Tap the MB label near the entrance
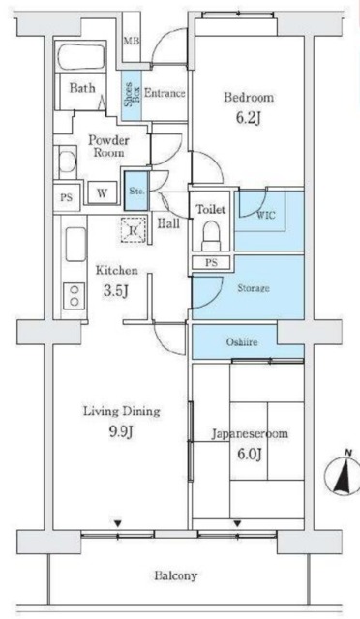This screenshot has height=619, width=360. pos(132,41)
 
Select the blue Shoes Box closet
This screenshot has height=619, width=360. pos(132,95)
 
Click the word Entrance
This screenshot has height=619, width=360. pos(165,93)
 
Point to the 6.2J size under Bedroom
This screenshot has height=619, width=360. pos(249,118)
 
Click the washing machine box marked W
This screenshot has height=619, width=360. pos(103,193)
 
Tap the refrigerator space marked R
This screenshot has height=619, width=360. pos(134,230)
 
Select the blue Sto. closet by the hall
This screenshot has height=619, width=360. pos(136,191)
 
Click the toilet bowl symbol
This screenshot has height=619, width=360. pos(211,234)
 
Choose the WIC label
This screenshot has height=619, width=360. pos(266,215)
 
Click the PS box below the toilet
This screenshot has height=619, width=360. pos(211,262)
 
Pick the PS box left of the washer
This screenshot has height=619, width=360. pos(67,197)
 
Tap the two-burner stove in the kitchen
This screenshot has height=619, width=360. pos(74,296)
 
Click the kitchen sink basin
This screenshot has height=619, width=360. pos(75,245)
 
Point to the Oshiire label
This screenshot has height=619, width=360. pos(242,341)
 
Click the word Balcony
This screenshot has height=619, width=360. pos(175,575)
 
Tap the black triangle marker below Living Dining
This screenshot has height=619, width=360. pos(117,524)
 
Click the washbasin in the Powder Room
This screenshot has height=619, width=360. pos(67,162)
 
